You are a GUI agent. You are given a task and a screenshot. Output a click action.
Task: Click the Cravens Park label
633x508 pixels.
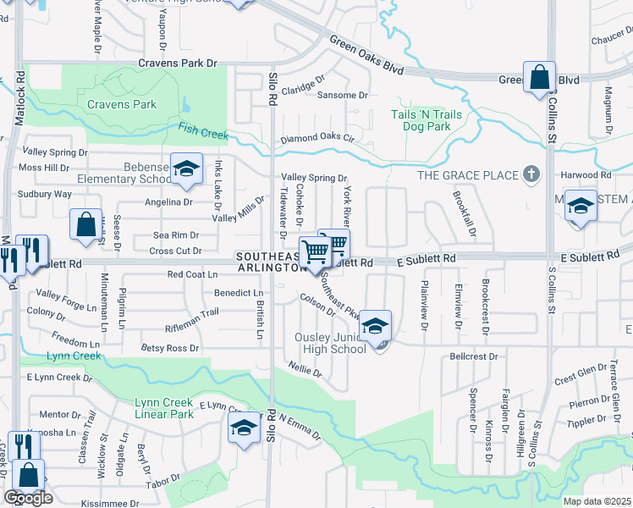(x=122, y=105)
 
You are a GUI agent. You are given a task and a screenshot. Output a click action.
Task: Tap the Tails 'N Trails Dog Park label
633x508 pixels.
(x=421, y=120)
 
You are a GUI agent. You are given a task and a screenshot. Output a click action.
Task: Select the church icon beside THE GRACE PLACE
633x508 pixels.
(x=531, y=174)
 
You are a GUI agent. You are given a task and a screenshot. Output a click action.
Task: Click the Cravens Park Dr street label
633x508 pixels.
(x=179, y=63)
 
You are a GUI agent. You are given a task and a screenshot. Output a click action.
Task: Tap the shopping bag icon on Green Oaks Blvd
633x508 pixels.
(x=539, y=78)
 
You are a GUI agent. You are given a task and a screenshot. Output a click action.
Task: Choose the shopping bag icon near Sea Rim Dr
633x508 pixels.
(x=86, y=224)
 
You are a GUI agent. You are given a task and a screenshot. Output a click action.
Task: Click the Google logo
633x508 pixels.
(x=28, y=498)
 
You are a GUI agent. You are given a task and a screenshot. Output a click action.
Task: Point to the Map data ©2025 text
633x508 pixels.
(x=597, y=501)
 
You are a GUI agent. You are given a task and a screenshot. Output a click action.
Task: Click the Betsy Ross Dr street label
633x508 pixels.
(x=169, y=348)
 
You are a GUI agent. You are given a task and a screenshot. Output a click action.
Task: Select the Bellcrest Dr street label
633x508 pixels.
(x=474, y=357)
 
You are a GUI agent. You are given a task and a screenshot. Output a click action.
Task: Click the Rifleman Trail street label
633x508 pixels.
(x=192, y=312)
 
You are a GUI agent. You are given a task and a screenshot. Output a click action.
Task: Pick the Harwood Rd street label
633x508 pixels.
(x=585, y=175)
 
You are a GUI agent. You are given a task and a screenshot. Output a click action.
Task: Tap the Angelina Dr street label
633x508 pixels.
(x=168, y=202)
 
